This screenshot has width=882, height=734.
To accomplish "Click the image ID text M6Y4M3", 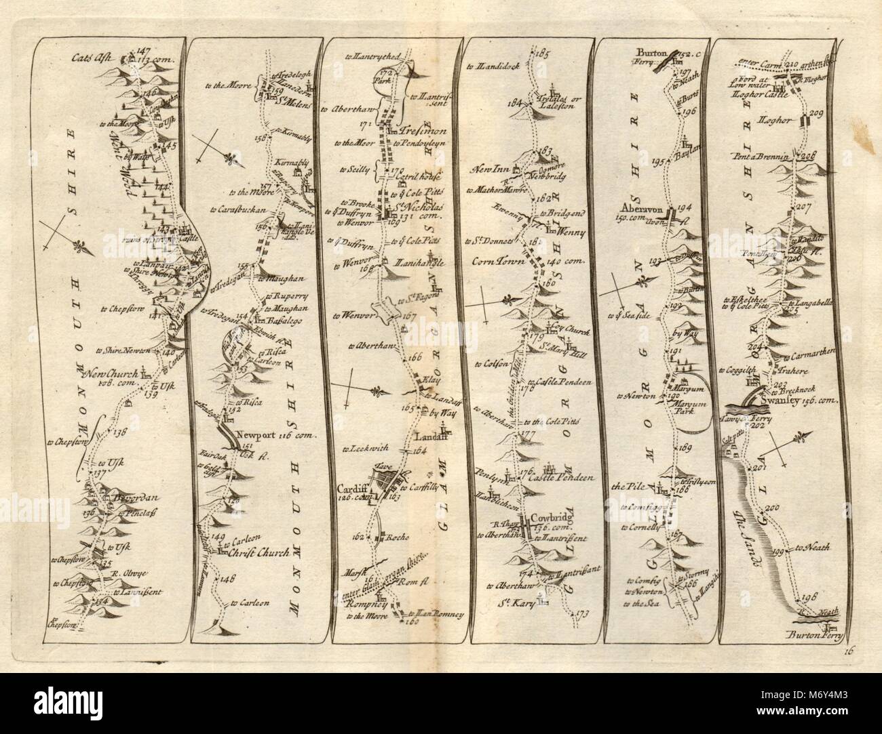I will pos(823,705).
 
